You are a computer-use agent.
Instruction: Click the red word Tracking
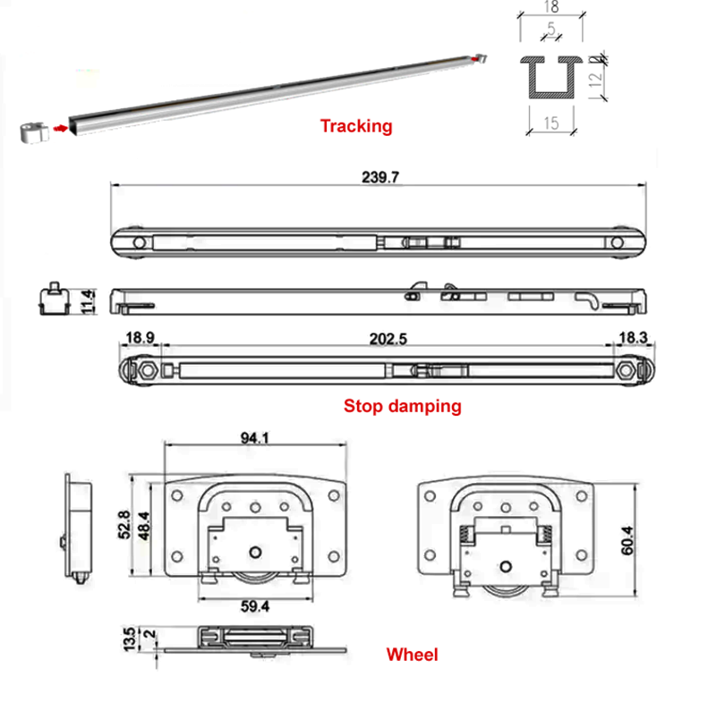356,126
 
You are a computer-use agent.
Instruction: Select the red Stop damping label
402,406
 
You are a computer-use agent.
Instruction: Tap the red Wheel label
412,655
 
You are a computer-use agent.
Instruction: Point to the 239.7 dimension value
377,178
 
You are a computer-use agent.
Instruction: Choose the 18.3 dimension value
627,339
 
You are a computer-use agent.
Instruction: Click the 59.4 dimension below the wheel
255,605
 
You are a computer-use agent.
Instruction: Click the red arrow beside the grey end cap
61,128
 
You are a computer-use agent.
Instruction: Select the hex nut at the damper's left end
145,369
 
